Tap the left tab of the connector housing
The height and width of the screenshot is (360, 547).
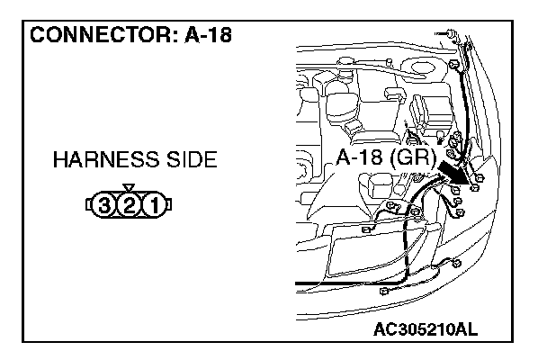click(89, 207)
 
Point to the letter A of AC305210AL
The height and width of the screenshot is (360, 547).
click(379, 329)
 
